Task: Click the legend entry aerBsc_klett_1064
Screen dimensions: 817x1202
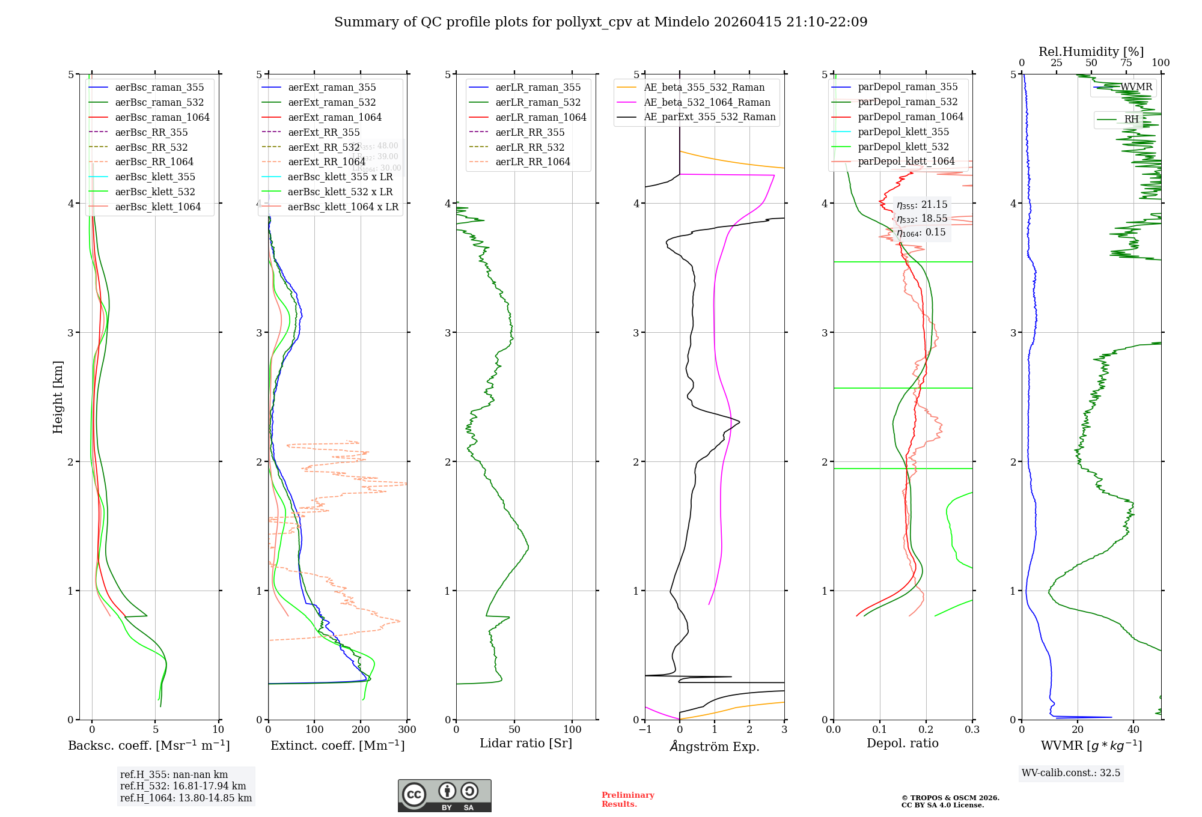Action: pos(158,207)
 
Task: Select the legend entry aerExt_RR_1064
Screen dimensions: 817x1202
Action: pos(326,162)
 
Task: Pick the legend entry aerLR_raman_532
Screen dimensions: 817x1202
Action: pos(538,102)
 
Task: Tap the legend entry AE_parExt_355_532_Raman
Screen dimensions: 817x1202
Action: pos(709,117)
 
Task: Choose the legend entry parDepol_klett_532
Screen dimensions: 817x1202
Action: pos(903,147)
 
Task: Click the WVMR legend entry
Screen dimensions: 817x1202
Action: pos(1135,87)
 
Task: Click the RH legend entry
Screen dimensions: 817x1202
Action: pos(1131,119)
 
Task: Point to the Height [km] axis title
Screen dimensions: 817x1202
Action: pos(58,397)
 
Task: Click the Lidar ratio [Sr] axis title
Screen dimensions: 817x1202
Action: pos(526,743)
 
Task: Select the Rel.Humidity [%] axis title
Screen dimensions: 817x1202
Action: pos(1091,52)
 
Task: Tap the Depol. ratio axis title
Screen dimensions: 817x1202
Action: pos(902,743)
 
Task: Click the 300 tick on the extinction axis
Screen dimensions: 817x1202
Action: pos(407,729)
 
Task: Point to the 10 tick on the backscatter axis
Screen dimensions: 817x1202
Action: pos(218,729)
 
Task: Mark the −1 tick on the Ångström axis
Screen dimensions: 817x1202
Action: pos(645,729)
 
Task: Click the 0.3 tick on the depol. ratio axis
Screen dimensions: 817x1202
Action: pos(972,729)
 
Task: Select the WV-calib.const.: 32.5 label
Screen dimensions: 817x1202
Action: pos(1071,773)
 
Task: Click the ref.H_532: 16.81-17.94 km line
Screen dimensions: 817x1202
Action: pos(183,786)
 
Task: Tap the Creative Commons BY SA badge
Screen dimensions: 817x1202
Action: pos(444,795)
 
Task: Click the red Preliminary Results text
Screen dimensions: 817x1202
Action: pos(627,799)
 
